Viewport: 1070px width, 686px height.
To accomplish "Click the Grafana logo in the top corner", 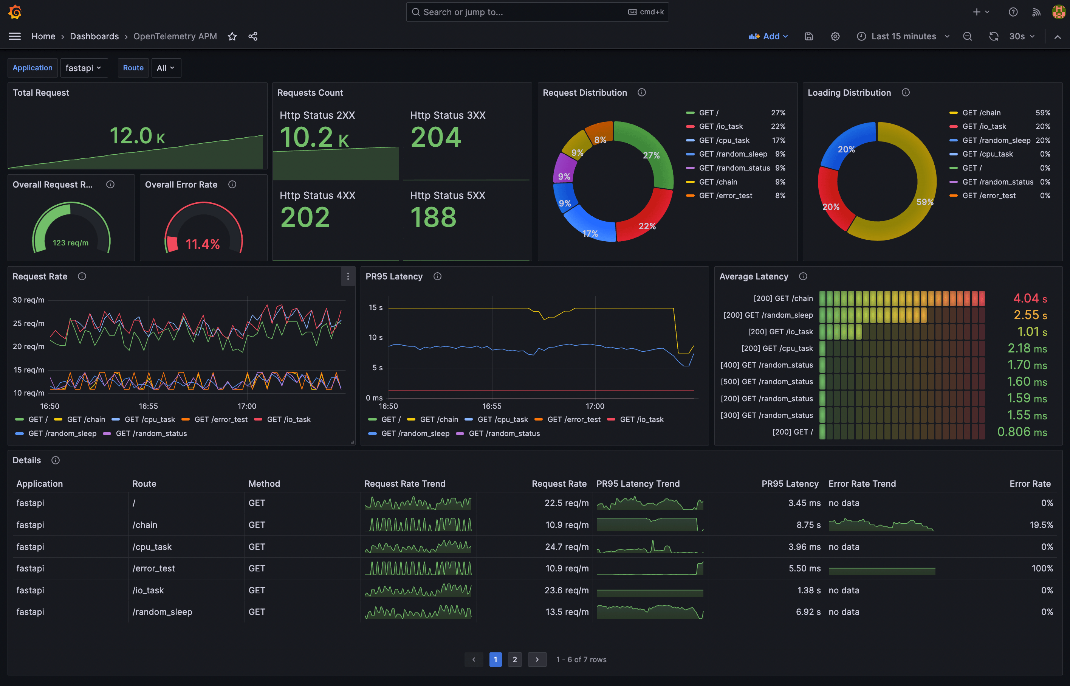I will pyautogui.click(x=15, y=12).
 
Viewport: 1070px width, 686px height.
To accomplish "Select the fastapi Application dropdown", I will pyautogui.click(x=83, y=68).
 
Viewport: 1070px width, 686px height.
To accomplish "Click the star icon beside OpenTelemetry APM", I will pyautogui.click(x=232, y=37).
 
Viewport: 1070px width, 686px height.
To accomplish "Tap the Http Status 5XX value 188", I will pyautogui.click(x=433, y=217).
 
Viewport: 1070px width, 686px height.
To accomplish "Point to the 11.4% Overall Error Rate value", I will pyautogui.click(x=203, y=244).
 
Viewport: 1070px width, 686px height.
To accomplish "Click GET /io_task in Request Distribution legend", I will pyautogui.click(x=721, y=127).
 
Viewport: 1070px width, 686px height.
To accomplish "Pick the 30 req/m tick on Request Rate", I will pyautogui.click(x=28, y=300).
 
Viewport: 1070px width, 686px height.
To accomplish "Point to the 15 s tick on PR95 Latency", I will pyautogui.click(x=375, y=308).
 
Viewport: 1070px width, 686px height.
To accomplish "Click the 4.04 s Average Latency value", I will pyautogui.click(x=1030, y=298).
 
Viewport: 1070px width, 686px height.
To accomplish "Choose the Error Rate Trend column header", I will pyautogui.click(x=862, y=484).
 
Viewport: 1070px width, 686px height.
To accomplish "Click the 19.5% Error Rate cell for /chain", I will pyautogui.click(x=1041, y=525).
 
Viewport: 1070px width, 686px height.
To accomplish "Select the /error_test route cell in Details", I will pyautogui.click(x=153, y=568).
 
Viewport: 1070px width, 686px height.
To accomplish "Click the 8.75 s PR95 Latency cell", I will pyautogui.click(x=808, y=525).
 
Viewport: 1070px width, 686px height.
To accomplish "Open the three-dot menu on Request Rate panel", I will pyautogui.click(x=348, y=276).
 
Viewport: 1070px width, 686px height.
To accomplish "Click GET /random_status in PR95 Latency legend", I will pyautogui.click(x=504, y=433).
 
